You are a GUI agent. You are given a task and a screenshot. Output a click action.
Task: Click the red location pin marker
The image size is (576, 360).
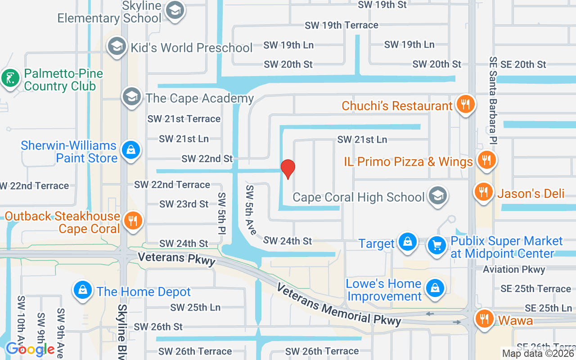pyautogui.click(x=288, y=169)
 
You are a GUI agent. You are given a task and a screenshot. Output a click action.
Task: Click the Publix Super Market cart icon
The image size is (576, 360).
pyautogui.click(x=436, y=245)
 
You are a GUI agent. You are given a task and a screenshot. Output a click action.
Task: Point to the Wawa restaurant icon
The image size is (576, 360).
pyautogui.click(x=485, y=319)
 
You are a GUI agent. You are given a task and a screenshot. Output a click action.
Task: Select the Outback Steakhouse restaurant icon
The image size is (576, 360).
pyautogui.click(x=133, y=220)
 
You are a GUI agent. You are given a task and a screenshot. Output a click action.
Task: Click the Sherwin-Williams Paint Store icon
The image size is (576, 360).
pyautogui.click(x=131, y=150)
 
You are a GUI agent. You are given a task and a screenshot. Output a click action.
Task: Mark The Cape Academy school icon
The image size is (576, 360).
pyautogui.click(x=132, y=96)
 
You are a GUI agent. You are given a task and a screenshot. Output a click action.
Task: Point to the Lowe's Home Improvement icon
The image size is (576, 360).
pyautogui.click(x=435, y=288)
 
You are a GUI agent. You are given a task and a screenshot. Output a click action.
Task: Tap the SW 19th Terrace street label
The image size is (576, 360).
pyautogui.click(x=341, y=25)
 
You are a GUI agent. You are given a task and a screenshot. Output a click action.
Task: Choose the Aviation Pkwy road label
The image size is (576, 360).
pyautogui.click(x=514, y=270)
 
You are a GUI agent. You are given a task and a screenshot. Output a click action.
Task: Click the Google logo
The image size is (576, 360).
pyautogui.click(x=30, y=349)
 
